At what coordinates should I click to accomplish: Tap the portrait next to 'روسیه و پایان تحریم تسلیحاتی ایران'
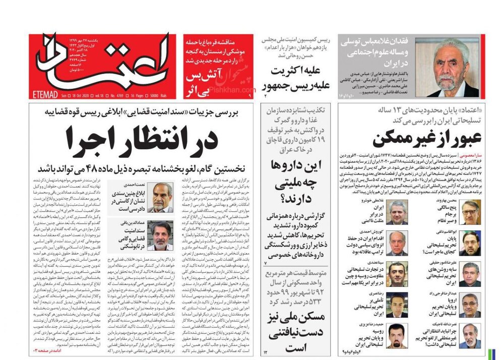click(397, 335)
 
